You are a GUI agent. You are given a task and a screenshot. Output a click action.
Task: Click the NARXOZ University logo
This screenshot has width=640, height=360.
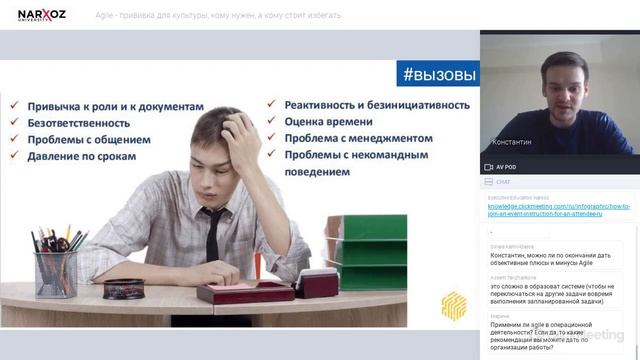pos(41,14)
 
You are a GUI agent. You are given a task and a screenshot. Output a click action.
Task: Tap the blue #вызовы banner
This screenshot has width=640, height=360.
pos(438,74)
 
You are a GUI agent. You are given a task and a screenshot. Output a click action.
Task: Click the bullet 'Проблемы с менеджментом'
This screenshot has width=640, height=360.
pos(358,138)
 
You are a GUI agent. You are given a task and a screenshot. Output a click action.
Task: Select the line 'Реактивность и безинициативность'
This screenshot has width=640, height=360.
pos(377,104)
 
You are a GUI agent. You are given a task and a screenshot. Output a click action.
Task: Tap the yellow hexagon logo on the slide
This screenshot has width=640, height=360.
pos(453,304)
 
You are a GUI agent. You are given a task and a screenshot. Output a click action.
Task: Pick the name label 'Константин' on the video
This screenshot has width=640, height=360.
pos(511,143)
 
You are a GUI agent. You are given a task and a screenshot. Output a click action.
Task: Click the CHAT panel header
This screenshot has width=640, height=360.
pos(503,182)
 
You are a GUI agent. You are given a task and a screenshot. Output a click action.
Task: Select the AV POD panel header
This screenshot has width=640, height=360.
pos(506,167)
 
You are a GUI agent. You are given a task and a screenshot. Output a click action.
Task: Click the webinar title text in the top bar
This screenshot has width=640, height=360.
pos(218,15)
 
